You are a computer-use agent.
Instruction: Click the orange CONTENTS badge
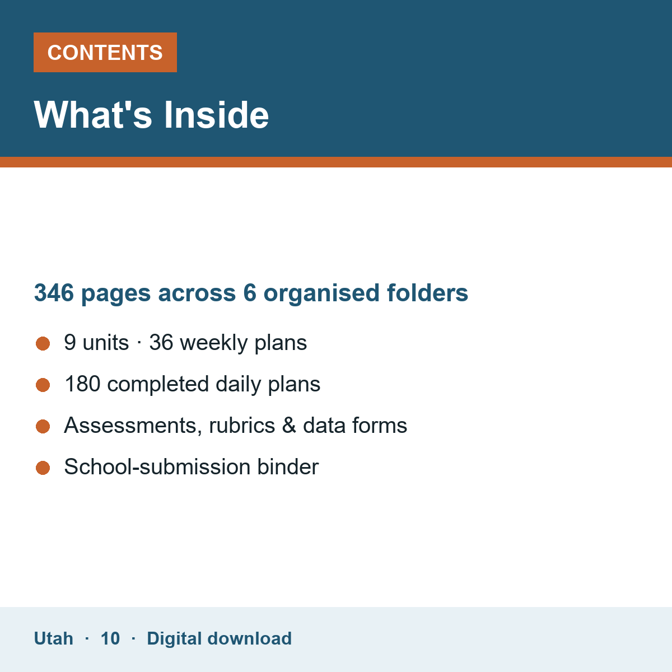[105, 52]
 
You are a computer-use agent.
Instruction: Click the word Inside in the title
[216, 115]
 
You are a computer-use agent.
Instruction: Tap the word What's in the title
[93, 115]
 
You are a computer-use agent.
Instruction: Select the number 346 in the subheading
[54, 292]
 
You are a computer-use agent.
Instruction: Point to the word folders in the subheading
[427, 292]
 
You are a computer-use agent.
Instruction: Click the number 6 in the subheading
[250, 292]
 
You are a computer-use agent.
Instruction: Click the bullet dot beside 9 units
[43, 343]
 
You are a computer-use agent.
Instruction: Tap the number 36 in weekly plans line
[161, 343]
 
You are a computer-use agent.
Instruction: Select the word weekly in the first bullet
[214, 343]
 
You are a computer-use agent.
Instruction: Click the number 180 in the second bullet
[83, 384]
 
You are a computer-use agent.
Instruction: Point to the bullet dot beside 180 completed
[43, 385]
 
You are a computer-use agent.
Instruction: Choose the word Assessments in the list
[133, 426]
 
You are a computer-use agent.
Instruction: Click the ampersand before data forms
[289, 426]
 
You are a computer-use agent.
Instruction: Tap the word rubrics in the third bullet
[242, 425]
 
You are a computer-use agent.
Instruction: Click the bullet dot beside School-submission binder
[43, 468]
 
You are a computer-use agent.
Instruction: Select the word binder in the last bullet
[288, 466]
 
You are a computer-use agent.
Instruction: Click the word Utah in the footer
[53, 638]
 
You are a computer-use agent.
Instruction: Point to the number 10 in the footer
[110, 638]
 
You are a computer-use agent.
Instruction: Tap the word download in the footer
[249, 638]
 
